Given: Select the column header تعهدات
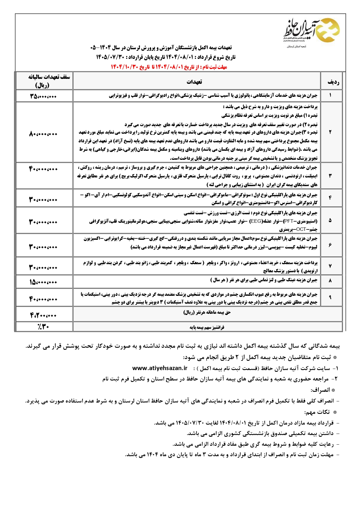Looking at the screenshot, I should (x=194, y=82).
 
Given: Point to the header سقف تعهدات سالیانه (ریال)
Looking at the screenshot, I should (x=48, y=81).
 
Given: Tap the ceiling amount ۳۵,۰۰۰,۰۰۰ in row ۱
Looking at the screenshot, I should (x=43, y=96).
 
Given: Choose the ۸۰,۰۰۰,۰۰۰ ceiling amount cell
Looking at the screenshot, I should (x=43, y=134).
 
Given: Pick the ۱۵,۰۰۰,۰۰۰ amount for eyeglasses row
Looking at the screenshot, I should (x=43, y=282).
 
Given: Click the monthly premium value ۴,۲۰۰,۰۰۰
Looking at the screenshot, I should (x=43, y=315).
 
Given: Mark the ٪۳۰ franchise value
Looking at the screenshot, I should (x=43, y=327).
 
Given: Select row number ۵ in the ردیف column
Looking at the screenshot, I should (x=330, y=220).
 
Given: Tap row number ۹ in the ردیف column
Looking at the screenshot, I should (x=330, y=297).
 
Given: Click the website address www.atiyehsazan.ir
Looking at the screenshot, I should (x=160, y=368).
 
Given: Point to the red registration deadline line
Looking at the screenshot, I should (x=169, y=67).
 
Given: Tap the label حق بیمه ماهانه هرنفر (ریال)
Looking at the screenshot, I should (x=207, y=312).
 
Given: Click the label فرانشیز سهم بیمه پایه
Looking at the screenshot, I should (x=207, y=327).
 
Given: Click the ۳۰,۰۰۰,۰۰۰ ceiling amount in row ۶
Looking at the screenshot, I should (x=43, y=247).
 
